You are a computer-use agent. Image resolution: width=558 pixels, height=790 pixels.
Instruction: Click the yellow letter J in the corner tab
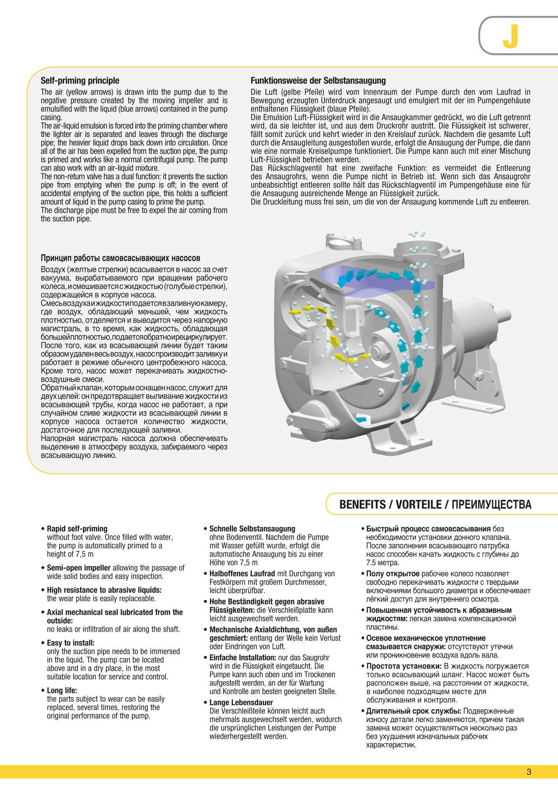coord(510,36)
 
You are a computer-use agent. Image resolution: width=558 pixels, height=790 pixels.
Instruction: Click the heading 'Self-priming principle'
coord(80,81)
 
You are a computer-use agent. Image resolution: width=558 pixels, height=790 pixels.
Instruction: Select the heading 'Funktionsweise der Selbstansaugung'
coord(318,81)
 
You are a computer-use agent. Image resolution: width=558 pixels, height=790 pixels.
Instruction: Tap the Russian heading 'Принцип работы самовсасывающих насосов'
coord(120,258)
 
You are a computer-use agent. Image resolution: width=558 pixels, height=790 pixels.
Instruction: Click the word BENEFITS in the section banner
coord(363,505)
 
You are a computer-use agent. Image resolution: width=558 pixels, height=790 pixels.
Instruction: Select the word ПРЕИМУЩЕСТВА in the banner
coord(491,505)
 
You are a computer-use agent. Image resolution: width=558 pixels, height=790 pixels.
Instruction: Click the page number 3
coord(529,772)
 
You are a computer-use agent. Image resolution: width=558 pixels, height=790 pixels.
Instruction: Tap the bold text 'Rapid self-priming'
coord(77,529)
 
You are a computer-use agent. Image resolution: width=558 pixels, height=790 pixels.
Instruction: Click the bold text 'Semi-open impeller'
coord(79,568)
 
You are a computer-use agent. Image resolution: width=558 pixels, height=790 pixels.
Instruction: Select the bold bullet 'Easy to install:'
coord(71,643)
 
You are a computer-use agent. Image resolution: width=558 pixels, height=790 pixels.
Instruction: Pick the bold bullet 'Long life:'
coord(62,690)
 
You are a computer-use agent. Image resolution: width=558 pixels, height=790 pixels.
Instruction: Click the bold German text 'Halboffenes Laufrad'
coord(242,574)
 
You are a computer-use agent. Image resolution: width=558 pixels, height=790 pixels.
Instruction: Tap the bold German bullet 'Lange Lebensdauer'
coord(241,702)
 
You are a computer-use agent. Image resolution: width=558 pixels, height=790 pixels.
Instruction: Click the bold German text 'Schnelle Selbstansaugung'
coord(252,529)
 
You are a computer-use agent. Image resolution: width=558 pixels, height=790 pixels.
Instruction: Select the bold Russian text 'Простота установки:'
coord(404,666)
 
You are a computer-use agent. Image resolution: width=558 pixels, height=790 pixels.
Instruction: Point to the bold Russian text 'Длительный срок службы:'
coord(414,711)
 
